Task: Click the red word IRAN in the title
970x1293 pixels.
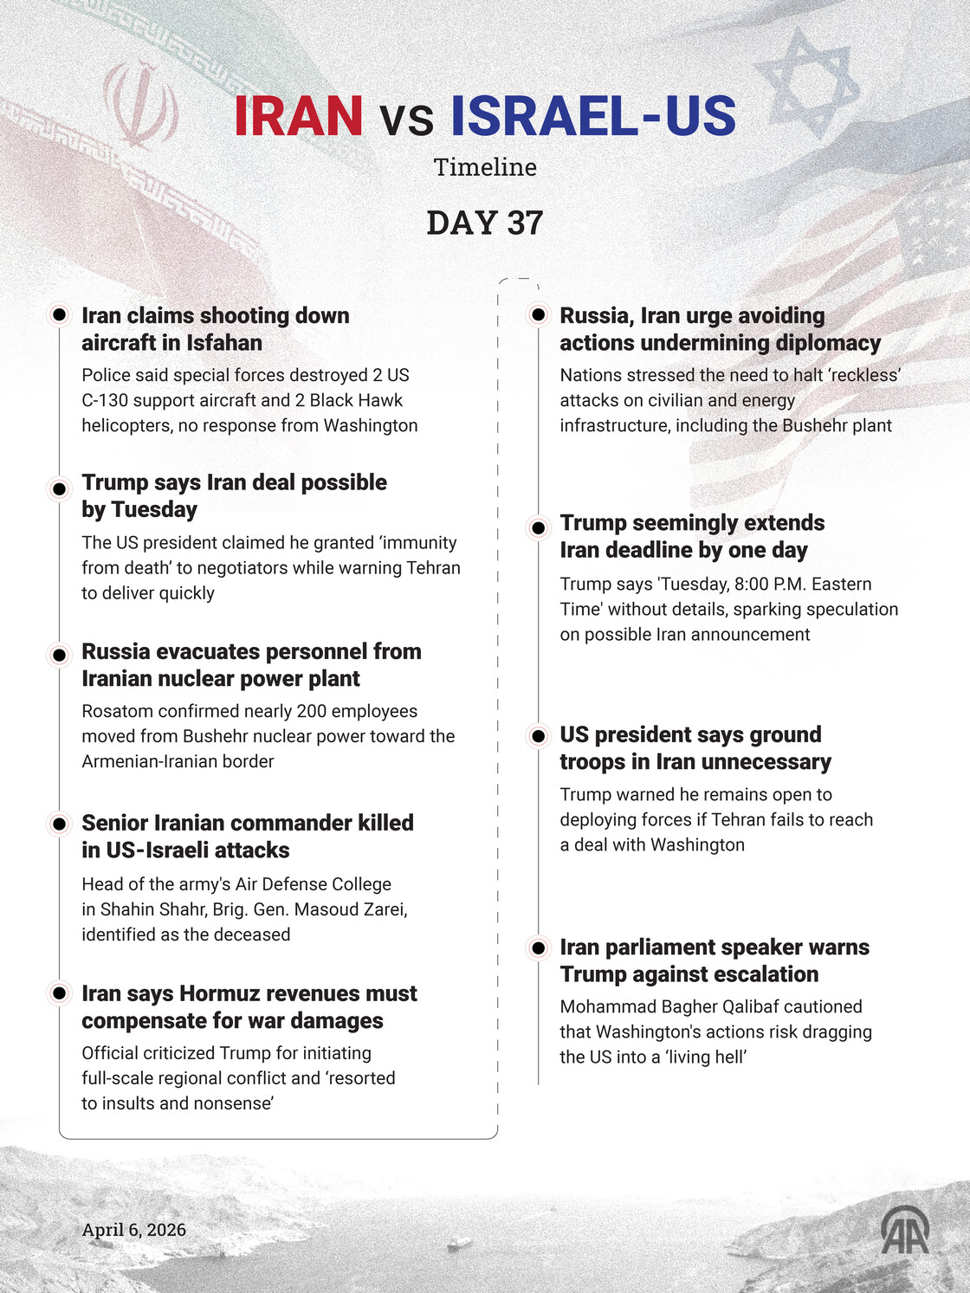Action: [x=299, y=116]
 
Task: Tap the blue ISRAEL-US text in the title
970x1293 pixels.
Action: [x=593, y=116]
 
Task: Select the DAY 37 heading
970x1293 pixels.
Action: [x=485, y=223]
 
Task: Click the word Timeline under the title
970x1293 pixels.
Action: [x=485, y=167]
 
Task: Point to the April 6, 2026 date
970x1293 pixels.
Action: [x=134, y=1230]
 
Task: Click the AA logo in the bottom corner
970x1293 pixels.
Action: [x=905, y=1231]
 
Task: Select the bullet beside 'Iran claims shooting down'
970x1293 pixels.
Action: [x=60, y=314]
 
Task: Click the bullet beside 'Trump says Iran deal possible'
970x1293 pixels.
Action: [x=60, y=489]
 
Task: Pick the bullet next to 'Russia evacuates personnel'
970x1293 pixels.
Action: [x=60, y=656]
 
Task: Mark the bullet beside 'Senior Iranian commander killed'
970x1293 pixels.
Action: [x=60, y=824]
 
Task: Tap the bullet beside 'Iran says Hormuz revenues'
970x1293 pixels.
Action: [x=60, y=992]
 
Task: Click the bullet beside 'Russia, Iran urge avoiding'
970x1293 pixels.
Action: [x=539, y=314]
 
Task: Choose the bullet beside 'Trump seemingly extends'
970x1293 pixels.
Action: [x=539, y=527]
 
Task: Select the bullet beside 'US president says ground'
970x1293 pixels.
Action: [x=539, y=736]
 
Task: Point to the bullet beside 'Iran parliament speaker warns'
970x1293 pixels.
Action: [x=539, y=948]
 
